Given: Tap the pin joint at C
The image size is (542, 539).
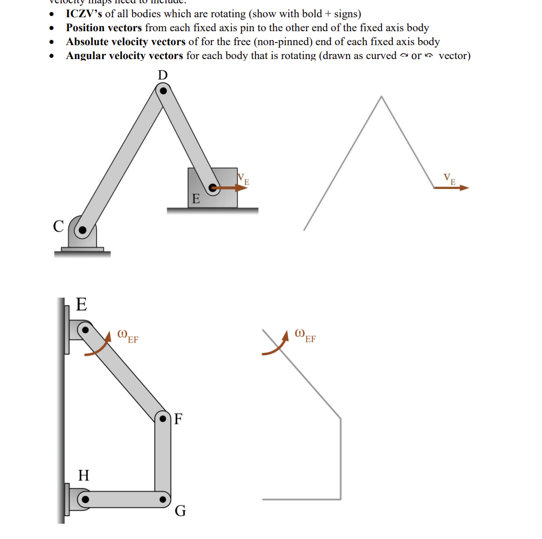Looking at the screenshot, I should [x=83, y=229].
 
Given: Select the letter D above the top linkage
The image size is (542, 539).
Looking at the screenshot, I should [x=163, y=75].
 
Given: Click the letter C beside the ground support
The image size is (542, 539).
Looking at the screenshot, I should [x=59, y=227].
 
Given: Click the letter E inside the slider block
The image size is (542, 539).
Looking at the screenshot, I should [x=195, y=199].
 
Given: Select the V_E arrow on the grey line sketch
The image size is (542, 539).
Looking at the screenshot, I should [x=452, y=188].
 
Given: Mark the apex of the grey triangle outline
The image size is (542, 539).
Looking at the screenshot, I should [x=381, y=97].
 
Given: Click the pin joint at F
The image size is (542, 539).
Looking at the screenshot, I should [x=163, y=417].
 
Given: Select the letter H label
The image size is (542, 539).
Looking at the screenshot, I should [x=84, y=475].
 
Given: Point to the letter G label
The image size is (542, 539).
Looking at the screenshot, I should [x=180, y=511].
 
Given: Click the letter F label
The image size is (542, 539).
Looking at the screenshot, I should [x=178, y=418].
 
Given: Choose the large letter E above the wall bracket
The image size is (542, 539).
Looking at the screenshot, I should [x=81, y=304].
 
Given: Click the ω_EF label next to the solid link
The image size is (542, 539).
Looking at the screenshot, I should [x=128, y=336].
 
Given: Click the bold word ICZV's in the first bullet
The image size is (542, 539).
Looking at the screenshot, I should [x=84, y=13].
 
